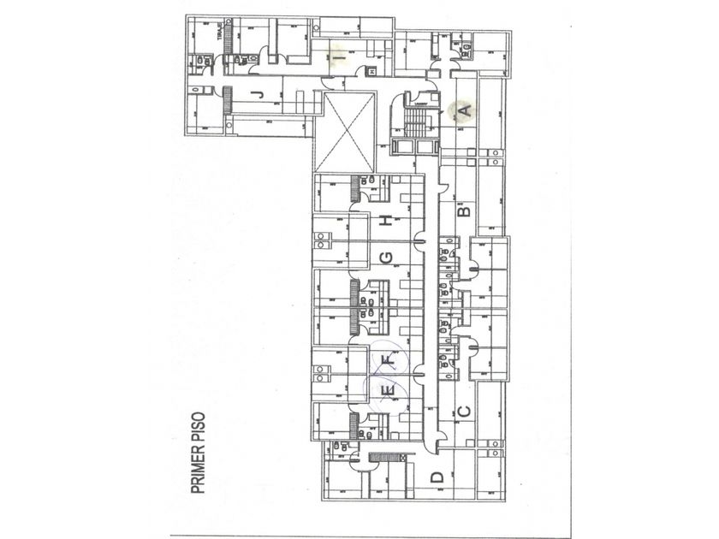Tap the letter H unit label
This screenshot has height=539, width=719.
coord(388,221)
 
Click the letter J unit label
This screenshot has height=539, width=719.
coord(258,95)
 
